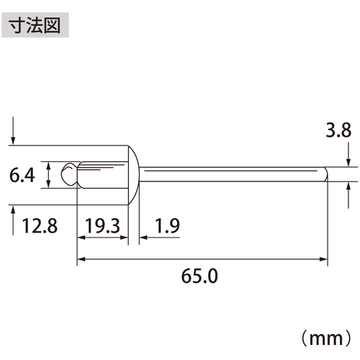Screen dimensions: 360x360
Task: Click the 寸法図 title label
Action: pyautogui.click(x=35, y=25)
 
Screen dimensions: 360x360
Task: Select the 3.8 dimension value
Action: pyautogui.click(x=338, y=130)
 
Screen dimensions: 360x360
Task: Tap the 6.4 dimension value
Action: pyautogui.click(x=22, y=175)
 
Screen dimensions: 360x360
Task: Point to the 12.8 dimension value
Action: pyautogui.click(x=40, y=226)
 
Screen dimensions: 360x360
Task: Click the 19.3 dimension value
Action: pyautogui.click(x=103, y=226)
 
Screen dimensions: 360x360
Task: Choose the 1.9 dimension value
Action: pyautogui.click(x=168, y=226)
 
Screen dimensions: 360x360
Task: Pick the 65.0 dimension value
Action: pyautogui.click(x=199, y=276)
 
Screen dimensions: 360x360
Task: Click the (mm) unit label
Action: pyautogui.click(x=326, y=338)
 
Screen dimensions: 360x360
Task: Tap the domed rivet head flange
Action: pyautogui.click(x=133, y=175)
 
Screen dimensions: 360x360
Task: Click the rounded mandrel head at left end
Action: pyautogui.click(x=69, y=174)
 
